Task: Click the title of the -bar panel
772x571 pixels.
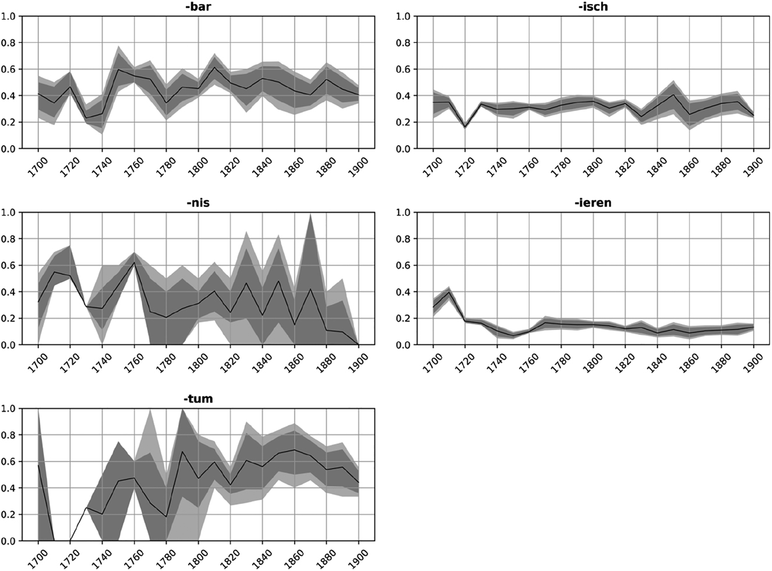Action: tap(198, 7)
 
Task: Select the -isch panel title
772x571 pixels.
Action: tap(594, 7)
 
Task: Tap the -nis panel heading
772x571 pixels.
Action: tap(198, 203)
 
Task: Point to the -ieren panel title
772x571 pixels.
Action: tap(594, 203)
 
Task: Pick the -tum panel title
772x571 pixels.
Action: tap(198, 400)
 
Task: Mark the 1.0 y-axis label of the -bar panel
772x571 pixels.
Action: tap(9, 16)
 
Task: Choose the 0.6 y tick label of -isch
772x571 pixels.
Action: tap(403, 69)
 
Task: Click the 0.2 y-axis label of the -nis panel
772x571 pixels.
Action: tap(9, 318)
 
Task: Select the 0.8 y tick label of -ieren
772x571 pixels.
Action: tap(403, 239)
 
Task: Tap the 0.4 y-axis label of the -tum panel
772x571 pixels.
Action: tap(9, 488)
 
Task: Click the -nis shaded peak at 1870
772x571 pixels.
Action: tap(310, 215)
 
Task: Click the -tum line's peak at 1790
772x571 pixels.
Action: tap(182, 451)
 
